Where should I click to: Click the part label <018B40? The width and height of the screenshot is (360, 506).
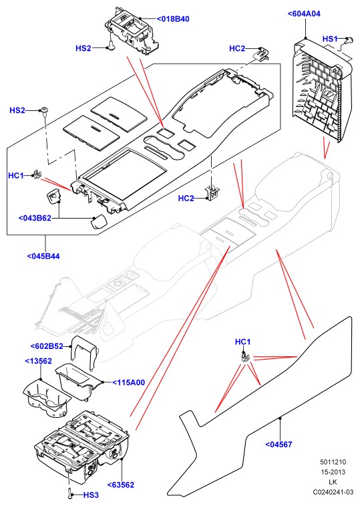(x=173, y=19)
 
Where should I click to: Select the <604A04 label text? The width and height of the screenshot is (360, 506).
(x=304, y=13)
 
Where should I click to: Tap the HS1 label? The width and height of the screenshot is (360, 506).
(x=330, y=39)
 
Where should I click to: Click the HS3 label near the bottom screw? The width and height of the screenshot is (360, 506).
(x=91, y=495)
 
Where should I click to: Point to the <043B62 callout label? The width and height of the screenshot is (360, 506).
(x=35, y=218)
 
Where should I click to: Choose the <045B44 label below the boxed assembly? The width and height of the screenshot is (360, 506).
(x=43, y=256)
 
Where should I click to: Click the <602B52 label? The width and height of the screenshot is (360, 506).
(x=47, y=346)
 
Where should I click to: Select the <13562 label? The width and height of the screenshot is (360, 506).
(x=38, y=361)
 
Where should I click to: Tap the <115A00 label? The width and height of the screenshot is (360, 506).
(x=129, y=382)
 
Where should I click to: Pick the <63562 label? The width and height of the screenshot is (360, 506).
(x=121, y=485)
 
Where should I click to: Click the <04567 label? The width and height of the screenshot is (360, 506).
(x=279, y=445)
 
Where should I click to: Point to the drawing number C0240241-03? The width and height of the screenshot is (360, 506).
(x=333, y=492)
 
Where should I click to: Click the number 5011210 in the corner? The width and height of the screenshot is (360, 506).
(x=333, y=462)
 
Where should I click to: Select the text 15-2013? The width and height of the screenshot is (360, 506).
(x=333, y=472)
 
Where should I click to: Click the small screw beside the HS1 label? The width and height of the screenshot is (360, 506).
(x=348, y=41)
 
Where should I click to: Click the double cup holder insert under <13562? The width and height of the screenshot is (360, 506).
(x=47, y=398)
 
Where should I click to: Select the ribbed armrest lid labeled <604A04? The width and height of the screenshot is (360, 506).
(x=321, y=90)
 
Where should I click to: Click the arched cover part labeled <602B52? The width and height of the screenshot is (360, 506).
(x=85, y=352)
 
